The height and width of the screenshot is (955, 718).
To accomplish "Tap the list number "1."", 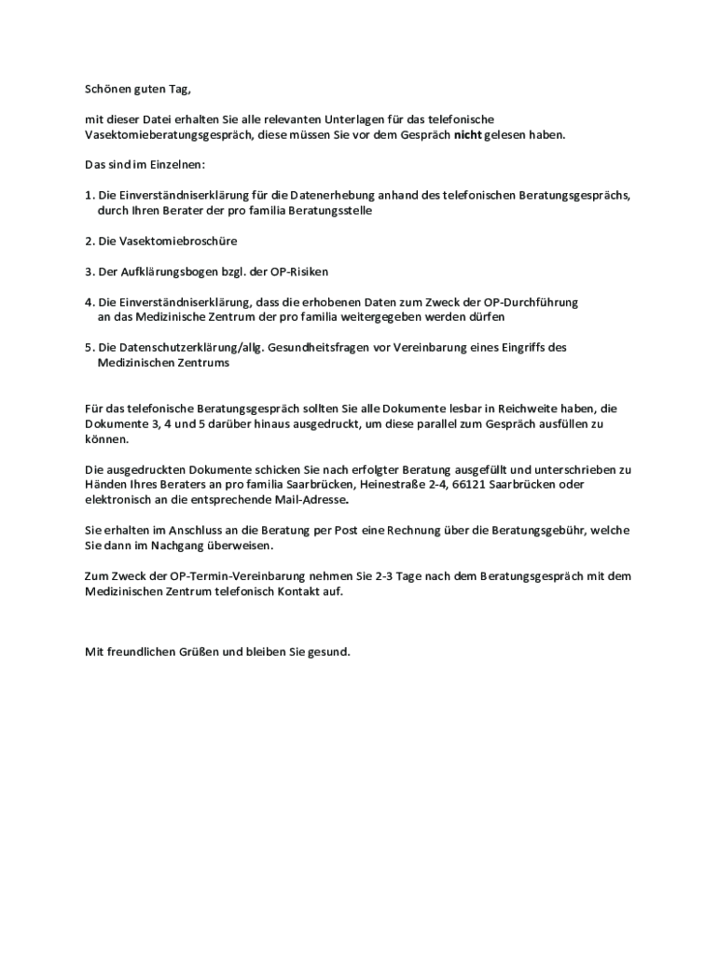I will [x=90, y=196].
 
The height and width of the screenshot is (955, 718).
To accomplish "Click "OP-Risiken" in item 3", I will [x=298, y=271].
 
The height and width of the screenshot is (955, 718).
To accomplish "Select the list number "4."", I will [x=90, y=302].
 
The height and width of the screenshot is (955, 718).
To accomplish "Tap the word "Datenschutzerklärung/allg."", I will [x=178, y=347].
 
